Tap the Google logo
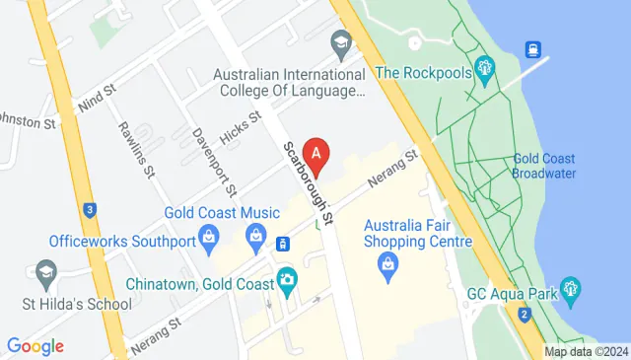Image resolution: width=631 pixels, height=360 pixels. [x=35, y=346]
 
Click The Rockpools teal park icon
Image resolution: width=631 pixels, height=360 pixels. [x=484, y=68]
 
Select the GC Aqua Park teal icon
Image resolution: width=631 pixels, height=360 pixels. [x=570, y=291]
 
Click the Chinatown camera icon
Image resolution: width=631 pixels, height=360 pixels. [x=286, y=279]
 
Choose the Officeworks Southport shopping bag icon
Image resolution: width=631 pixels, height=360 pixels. [x=209, y=237]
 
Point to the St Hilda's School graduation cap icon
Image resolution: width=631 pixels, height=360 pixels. [x=45, y=273]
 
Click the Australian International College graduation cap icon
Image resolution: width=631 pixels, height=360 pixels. [x=341, y=41]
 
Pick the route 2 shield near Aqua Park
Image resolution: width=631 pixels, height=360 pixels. [x=524, y=314]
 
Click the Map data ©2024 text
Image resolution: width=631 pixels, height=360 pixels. [x=586, y=351]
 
